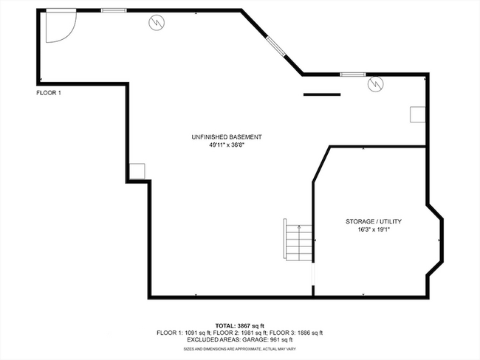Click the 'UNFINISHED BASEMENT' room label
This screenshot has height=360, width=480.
click(227, 137)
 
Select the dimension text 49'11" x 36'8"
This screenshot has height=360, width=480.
click(227, 145)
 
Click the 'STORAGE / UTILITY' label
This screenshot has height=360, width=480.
click(374, 221)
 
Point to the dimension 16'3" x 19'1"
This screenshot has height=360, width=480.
click(374, 229)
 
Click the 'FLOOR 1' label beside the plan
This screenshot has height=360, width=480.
click(49, 93)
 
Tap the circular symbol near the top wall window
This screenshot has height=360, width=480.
click(157, 23)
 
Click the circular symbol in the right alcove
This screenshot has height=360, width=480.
click(375, 84)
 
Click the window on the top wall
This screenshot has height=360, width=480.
click(113, 10)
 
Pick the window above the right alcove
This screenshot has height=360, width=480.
click(353, 74)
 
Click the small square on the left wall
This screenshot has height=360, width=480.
click(137, 171)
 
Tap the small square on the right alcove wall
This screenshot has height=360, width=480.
click(419, 114)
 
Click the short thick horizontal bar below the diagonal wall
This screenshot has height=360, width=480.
click(321, 94)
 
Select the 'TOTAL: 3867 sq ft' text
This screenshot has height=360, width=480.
click(239, 325)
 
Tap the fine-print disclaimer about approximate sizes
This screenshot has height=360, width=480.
click(239, 348)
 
